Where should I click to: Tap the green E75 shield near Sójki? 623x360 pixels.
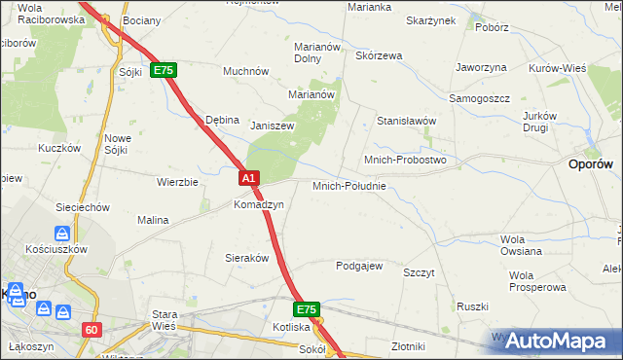click(163, 71)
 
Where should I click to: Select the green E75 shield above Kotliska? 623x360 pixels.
click(307, 309)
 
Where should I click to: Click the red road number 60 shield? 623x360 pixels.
click(92, 330)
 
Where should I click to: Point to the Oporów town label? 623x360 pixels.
click(589, 165)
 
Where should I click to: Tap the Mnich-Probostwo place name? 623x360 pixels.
click(404, 160)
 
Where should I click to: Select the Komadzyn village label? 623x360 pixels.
click(258, 205)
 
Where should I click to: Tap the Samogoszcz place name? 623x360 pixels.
click(479, 99)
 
